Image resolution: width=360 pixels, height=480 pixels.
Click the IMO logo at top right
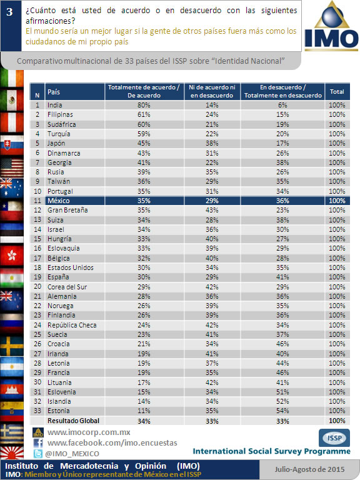[x=331, y=26]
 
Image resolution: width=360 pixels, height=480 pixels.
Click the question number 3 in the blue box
[x=9, y=12]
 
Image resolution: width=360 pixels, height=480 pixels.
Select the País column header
[x=54, y=92]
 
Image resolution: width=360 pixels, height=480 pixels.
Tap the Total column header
[x=337, y=91]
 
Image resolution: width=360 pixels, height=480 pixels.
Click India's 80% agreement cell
[x=144, y=105]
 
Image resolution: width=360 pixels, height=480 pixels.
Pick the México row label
[x=59, y=201]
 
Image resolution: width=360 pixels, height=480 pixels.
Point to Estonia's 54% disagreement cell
[x=282, y=411]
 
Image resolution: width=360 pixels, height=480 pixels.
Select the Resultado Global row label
[x=74, y=421]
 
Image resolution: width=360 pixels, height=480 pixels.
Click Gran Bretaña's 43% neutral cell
[x=212, y=210]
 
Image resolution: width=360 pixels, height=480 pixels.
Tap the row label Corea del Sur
[x=67, y=287]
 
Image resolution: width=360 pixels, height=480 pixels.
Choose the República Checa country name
[x=72, y=325]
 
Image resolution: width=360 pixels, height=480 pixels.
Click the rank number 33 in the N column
[x=37, y=411]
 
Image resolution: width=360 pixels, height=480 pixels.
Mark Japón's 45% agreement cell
[x=144, y=143]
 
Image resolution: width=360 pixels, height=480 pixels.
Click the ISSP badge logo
[x=334, y=437]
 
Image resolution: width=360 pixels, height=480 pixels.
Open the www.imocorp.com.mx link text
[x=89, y=432]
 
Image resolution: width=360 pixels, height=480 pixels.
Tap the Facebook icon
[x=38, y=443]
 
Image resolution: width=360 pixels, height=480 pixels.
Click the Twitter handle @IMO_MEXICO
[x=72, y=454]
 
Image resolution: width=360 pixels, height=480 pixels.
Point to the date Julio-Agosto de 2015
[x=309, y=469]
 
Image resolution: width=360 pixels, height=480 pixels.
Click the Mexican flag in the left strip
[x=12, y=100]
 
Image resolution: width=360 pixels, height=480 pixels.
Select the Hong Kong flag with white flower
[x=12, y=255]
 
